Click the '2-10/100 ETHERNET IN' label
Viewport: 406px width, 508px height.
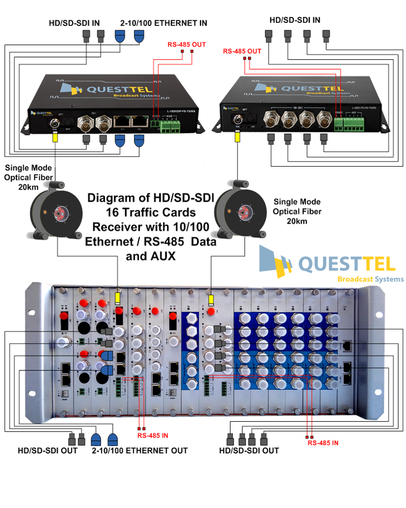click(x=163, y=23)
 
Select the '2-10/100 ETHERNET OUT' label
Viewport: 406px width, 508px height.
click(x=139, y=450)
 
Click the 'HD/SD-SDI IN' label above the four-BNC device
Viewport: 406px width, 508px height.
click(x=295, y=20)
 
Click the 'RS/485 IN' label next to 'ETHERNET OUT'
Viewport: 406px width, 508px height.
click(x=153, y=436)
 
